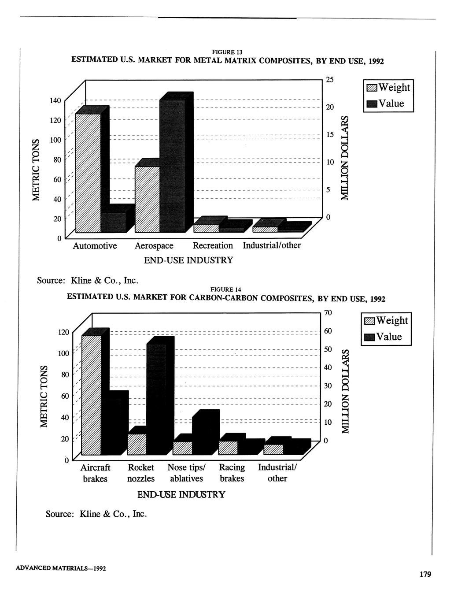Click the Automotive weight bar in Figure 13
coord(88,172)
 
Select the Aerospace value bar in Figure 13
coord(172,165)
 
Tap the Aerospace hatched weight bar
coord(148,198)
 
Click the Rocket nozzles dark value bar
coord(156,399)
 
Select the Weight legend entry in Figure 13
coord(388,87)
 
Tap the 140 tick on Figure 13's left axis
coord(55,100)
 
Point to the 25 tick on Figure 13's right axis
coord(330,80)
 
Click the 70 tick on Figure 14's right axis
coord(328,313)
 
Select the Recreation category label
coord(213,245)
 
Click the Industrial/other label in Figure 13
coord(272,245)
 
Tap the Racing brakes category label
coord(232,473)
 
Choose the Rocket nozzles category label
coord(141,473)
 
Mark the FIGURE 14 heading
coord(226,289)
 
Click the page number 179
coord(425,574)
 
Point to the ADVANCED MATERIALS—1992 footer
coord(61,568)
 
